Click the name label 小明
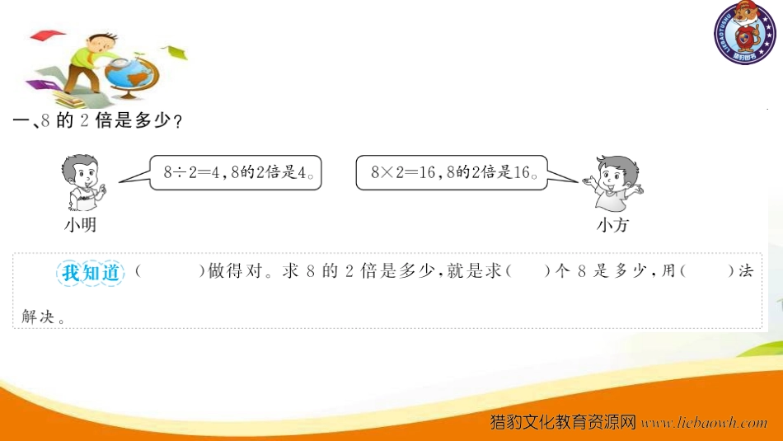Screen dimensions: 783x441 [x=80, y=225]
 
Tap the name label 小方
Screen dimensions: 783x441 [x=612, y=225]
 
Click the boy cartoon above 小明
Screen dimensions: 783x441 [x=83, y=182]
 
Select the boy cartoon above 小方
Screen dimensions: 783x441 [x=613, y=182]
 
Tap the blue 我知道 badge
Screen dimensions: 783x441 [x=91, y=273]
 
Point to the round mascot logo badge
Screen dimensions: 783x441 [x=744, y=33]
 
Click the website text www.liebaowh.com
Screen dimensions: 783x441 [x=704, y=423]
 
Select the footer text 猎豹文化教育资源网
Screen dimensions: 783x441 [x=563, y=423]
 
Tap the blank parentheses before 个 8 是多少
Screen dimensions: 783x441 [x=527, y=271]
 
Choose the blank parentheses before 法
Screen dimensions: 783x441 [x=707, y=271]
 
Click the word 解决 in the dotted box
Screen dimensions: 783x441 [x=37, y=317]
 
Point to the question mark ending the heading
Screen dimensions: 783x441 [x=177, y=121]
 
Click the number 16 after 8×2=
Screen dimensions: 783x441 [x=427, y=172]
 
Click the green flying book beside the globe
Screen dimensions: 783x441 [x=174, y=51]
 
